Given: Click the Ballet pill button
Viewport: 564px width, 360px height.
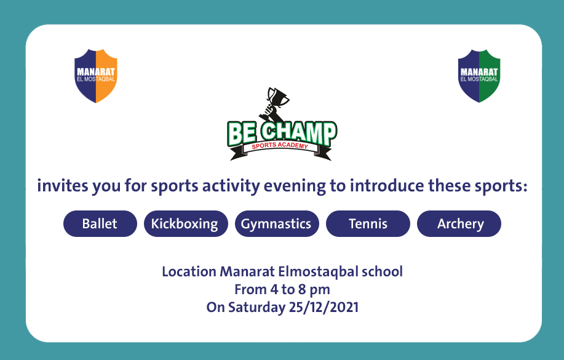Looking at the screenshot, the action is point(100,223).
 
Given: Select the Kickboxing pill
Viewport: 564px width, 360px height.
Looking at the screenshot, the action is point(186,223).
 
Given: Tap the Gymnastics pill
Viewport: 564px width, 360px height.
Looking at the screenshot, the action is point(277,223).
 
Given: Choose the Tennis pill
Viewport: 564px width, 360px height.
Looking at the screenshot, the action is point(368,223).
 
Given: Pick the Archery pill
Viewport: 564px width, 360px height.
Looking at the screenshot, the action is point(459,223).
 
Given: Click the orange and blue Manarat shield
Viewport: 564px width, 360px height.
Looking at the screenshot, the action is point(96,76).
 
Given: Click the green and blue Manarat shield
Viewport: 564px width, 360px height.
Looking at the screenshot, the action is point(479,76).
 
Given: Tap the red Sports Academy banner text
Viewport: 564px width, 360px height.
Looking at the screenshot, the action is point(280,145).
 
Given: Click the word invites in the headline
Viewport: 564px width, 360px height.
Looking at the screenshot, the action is point(63,186).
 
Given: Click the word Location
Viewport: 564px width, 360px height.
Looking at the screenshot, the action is point(189,271).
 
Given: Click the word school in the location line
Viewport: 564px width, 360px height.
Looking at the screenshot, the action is point(382,271).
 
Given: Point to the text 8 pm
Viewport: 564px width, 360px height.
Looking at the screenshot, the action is point(314,290).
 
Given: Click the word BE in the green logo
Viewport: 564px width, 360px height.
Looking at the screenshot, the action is point(242,134).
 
